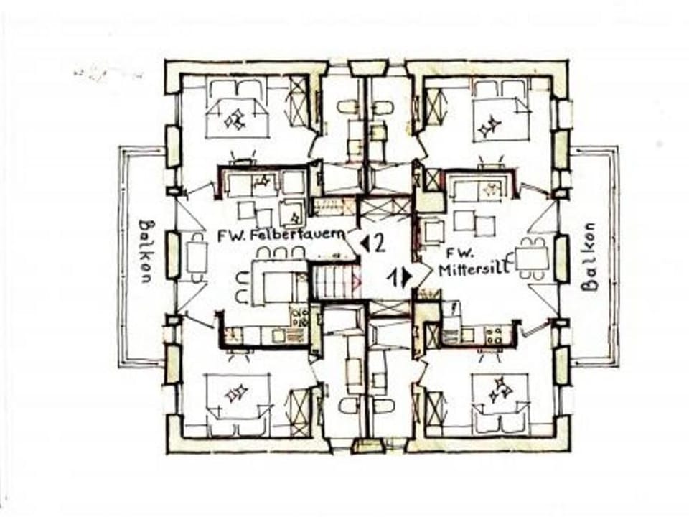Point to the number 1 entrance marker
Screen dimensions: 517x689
point(399,276)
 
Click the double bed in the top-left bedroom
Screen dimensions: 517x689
point(236,112)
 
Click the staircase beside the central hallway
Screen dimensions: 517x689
point(335,281)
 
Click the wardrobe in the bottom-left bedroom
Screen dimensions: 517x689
point(297,411)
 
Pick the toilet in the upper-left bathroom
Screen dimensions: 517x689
point(348,108)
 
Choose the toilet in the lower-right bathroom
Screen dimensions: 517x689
point(383,406)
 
